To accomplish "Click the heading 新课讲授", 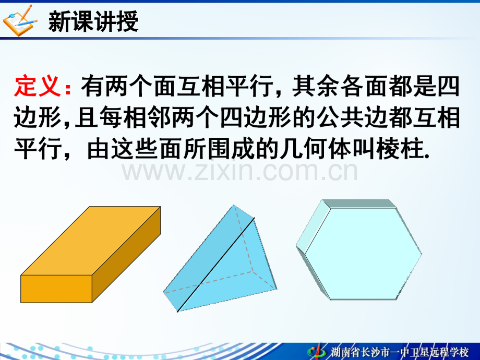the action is point(93,21).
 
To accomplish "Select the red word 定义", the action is point(38,86).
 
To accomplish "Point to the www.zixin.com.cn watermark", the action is point(239,172).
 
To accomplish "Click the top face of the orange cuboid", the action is point(91,241).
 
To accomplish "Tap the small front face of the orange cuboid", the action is point(56,289).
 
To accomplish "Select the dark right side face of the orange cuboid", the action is point(126,254).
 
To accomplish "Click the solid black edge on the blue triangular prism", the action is point(216,265).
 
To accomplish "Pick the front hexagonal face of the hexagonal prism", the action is point(363,254).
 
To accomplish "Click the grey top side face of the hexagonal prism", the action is point(359,204).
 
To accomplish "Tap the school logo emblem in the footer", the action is point(317,351).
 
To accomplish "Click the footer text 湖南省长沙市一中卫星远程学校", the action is point(400,352).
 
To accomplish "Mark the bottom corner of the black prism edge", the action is point(177,312).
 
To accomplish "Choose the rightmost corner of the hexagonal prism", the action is point(422,254).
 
